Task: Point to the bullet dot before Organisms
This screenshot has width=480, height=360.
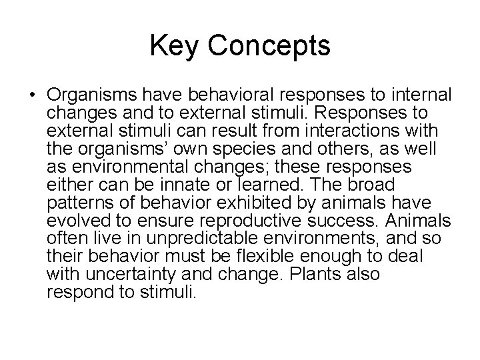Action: pos(33,93)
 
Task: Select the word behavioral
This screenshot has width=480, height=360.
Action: pos(214,93)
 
